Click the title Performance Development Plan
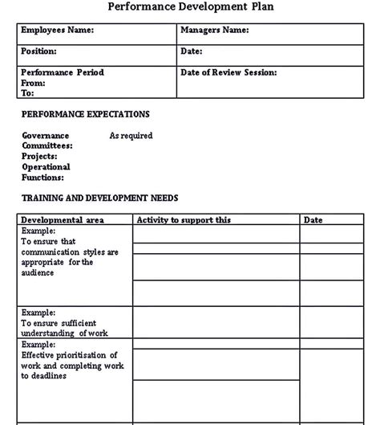pyautogui.click(x=189, y=7)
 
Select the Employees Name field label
pyautogui.click(x=57, y=31)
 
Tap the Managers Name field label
pyautogui.click(x=215, y=31)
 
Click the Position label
pyautogui.click(x=39, y=51)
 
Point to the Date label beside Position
pyautogui.click(x=192, y=51)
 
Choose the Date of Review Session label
pyautogui.click(x=229, y=72)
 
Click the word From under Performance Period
pyautogui.click(x=33, y=83)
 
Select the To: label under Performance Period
pyautogui.click(x=28, y=93)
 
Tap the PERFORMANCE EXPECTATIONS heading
pyautogui.click(x=86, y=115)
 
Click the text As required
pyautogui.click(x=131, y=136)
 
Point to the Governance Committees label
pyautogui.click(x=46, y=141)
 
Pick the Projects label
pyautogui.click(x=39, y=157)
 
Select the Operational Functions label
pyautogui.click(x=46, y=172)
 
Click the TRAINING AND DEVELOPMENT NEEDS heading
pyautogui.click(x=100, y=198)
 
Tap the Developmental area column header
pyautogui.click(x=62, y=219)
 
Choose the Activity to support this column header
pyautogui.click(x=184, y=219)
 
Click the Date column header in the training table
pyautogui.click(x=313, y=219)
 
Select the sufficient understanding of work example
pyautogui.click(x=65, y=327)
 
